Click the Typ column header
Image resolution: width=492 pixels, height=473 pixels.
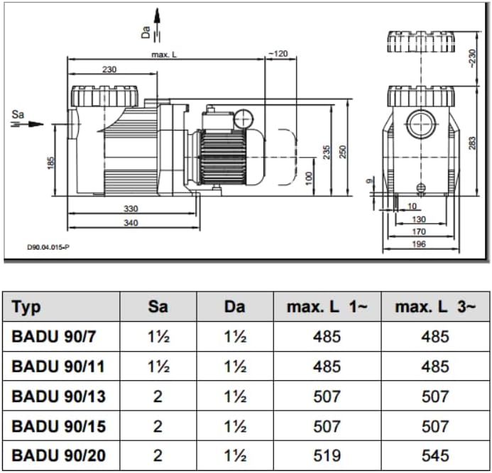click(x=27, y=306)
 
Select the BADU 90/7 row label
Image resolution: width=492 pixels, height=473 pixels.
click(x=53, y=337)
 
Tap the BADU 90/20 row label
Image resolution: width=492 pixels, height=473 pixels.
click(x=58, y=455)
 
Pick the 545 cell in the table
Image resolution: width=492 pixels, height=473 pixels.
click(x=434, y=455)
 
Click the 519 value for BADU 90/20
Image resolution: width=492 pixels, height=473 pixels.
click(x=327, y=455)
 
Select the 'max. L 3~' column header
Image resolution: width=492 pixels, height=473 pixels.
click(x=434, y=306)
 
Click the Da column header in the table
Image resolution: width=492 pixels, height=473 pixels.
click(x=234, y=306)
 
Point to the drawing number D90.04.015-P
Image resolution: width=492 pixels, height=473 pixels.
click(x=48, y=247)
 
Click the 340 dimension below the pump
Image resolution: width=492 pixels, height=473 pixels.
click(x=131, y=223)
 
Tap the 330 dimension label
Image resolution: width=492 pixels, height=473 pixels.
click(x=131, y=209)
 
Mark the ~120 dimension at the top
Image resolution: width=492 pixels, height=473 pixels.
click(x=278, y=54)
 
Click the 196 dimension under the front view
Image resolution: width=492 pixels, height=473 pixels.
click(x=419, y=244)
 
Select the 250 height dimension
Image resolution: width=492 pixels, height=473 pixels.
click(x=342, y=152)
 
